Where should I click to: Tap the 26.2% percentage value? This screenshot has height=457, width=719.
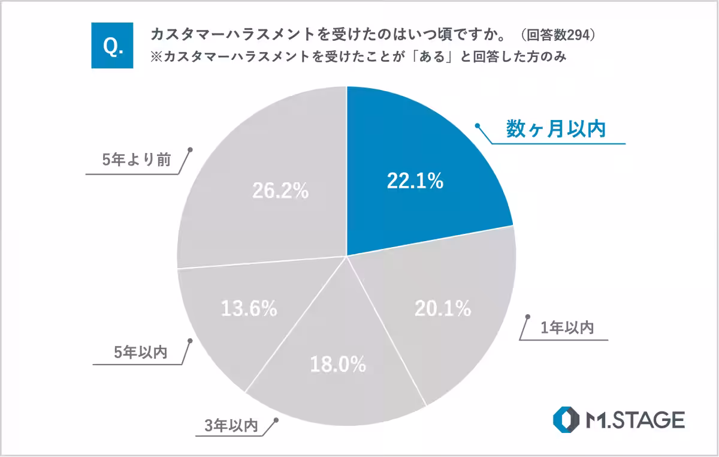280,191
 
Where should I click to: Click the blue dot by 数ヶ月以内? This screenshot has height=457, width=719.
478,126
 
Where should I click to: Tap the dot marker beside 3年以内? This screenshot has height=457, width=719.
276,420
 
